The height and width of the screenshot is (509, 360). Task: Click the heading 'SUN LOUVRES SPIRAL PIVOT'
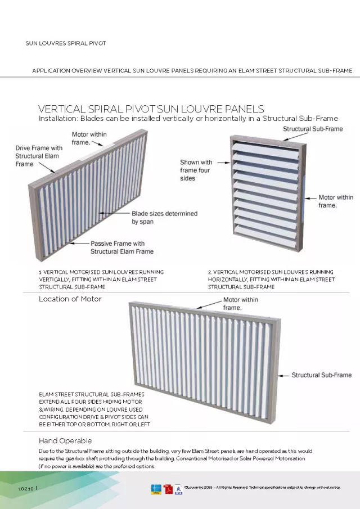tap(66, 43)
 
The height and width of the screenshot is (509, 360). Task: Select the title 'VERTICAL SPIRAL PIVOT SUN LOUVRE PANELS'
tap(151, 109)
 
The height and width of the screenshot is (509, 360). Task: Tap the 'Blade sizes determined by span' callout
tap(164, 218)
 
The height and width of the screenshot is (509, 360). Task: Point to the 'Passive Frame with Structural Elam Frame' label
tap(122, 247)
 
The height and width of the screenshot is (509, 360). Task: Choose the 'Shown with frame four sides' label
tap(196, 170)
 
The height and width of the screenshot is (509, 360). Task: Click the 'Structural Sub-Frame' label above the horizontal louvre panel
tap(312, 129)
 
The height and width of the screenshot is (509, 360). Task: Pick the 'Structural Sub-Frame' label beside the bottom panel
tap(321, 375)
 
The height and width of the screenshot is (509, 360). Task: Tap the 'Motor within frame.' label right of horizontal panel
tap(336, 201)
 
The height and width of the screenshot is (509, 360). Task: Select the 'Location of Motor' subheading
tap(70, 299)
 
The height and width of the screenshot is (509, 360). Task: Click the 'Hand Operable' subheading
tap(65, 440)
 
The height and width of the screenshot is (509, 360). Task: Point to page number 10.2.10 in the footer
tap(26, 488)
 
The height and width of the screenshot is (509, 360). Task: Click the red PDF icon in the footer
tap(168, 489)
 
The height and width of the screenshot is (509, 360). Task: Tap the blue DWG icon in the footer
tap(156, 489)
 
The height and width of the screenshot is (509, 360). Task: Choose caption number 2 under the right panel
tap(271, 280)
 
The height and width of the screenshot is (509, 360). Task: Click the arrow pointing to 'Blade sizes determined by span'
tap(114, 214)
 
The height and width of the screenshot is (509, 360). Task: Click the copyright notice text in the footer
tap(262, 488)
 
